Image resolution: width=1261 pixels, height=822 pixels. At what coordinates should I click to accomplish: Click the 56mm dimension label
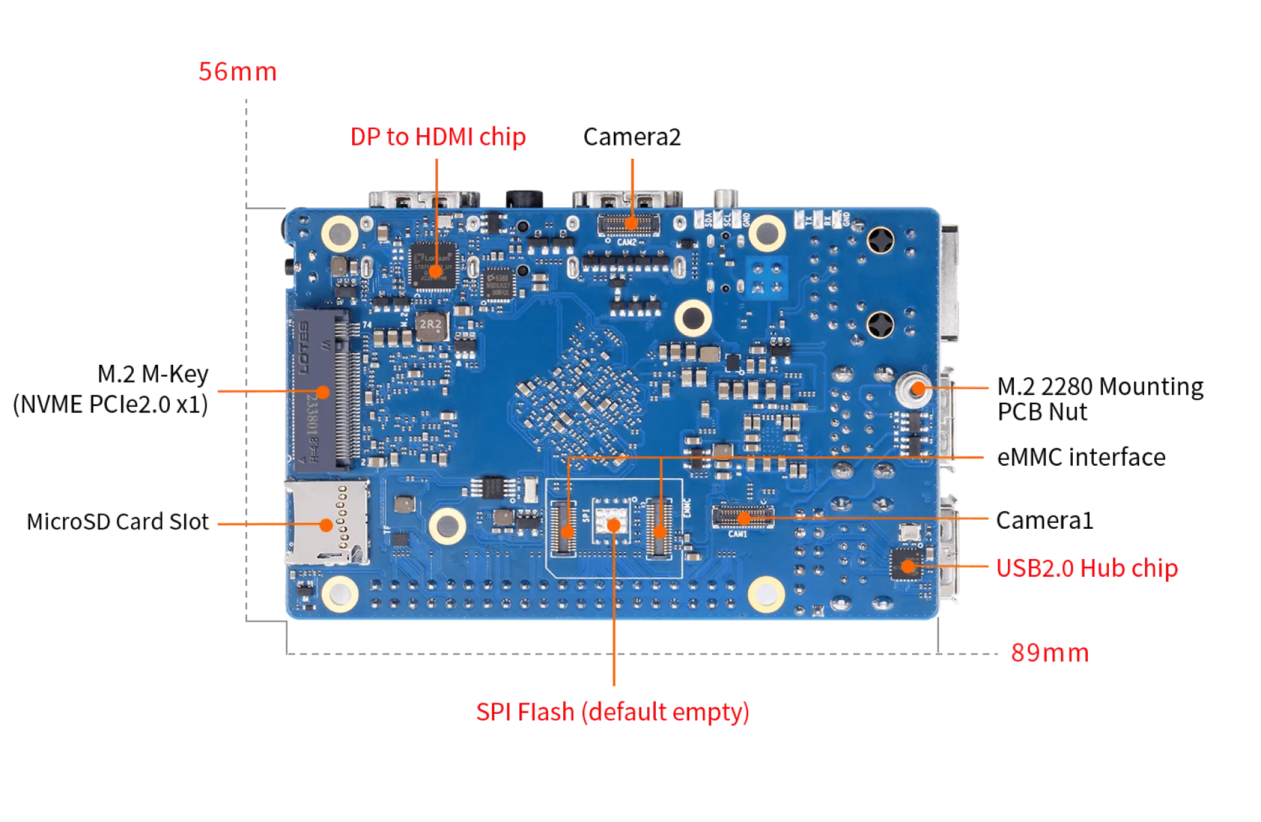point(237,72)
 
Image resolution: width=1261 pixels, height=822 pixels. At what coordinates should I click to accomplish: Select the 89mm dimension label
point(1050,653)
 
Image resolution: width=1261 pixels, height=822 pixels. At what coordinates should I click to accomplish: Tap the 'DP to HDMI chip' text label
point(439,137)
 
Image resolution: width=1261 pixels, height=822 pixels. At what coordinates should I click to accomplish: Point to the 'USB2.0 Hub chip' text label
point(1087,567)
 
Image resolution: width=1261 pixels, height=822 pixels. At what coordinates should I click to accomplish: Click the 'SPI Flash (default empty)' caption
point(612,712)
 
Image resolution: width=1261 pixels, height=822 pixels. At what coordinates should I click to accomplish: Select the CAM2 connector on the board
point(629,224)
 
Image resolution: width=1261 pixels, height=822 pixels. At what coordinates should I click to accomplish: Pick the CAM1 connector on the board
point(743,517)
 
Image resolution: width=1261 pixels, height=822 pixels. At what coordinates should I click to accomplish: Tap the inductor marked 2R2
point(431,326)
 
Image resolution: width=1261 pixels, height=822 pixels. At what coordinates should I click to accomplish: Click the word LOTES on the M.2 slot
point(306,348)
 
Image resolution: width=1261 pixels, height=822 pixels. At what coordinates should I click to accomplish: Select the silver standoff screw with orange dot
point(911,389)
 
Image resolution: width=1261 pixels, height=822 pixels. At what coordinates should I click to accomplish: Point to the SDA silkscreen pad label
point(708,219)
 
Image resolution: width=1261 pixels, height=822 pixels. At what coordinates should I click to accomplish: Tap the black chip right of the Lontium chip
point(498,283)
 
